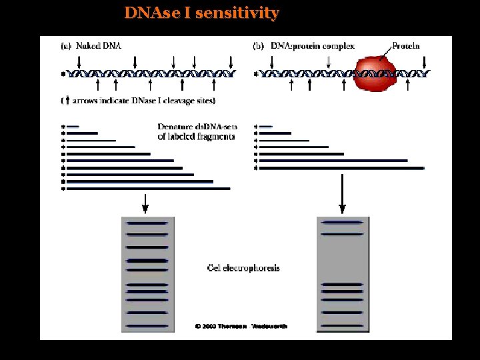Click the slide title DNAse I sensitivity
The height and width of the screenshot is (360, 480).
(x=201, y=13)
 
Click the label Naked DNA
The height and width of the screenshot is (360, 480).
(x=99, y=46)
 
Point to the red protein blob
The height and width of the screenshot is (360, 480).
(x=377, y=73)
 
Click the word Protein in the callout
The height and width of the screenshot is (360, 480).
(x=406, y=46)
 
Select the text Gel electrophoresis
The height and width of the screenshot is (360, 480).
(x=243, y=268)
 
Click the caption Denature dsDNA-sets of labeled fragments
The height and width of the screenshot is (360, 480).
(x=196, y=131)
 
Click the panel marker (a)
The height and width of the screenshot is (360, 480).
(x=66, y=46)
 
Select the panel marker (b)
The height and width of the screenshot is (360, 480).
(x=258, y=46)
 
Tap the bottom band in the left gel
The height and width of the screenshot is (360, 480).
(x=147, y=325)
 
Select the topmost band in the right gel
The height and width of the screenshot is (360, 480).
(x=342, y=222)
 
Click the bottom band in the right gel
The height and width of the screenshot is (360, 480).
(x=342, y=325)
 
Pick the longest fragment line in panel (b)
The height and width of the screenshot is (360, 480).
(x=341, y=168)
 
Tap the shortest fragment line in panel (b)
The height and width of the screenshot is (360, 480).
(x=265, y=126)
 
